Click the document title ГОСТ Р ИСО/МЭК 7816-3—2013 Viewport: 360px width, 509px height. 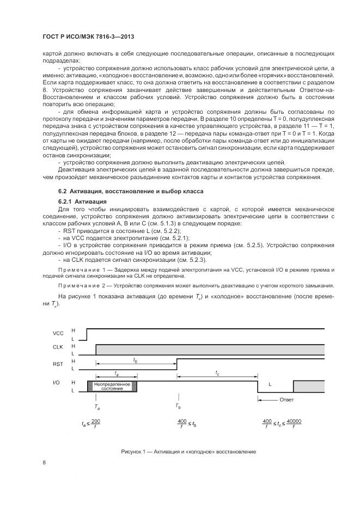click(88, 36)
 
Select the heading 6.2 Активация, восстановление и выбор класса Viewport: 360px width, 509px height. click(130, 192)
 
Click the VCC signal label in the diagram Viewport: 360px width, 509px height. click(58, 333)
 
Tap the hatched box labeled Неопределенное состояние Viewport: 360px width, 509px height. click(112, 386)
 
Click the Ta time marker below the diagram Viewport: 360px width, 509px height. click(96, 406)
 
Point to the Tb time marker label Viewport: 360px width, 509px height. click(178, 406)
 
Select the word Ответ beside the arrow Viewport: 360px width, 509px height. click(287, 400)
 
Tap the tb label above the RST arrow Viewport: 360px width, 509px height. click(135, 360)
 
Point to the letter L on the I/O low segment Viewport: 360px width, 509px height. click(270, 384)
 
